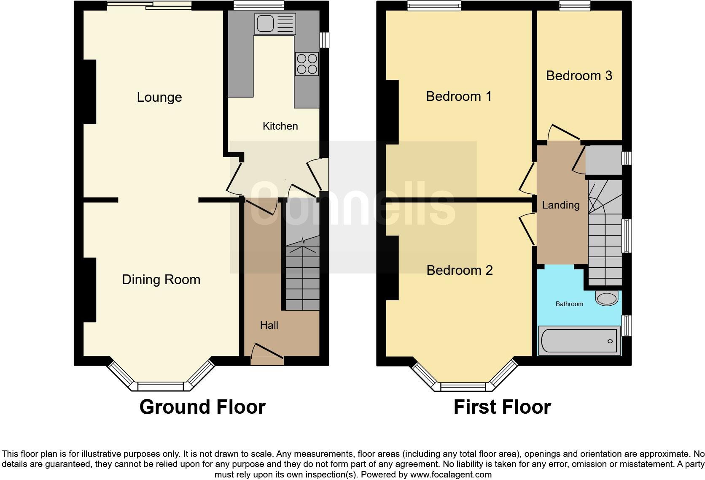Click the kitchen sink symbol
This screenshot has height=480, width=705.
tap(275, 24)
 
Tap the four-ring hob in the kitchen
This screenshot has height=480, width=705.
tap(307, 64)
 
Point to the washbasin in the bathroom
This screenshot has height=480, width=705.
tap(606, 298)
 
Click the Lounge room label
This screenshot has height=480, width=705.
tap(159, 98)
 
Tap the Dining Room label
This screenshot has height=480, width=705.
tap(161, 279)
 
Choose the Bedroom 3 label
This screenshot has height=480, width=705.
tap(579, 76)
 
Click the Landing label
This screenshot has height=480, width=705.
tap(560, 205)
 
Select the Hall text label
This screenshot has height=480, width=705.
tap(269, 325)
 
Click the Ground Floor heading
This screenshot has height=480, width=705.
tap(202, 407)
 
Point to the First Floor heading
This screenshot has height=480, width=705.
tap(502, 407)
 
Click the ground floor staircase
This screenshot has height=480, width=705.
tap(302, 274)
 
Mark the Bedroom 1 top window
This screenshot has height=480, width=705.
tap(434, 6)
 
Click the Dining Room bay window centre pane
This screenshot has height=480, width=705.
tap(161, 386)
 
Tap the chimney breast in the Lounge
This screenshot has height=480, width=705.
tap(90, 92)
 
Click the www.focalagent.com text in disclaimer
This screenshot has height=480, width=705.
tap(451, 474)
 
